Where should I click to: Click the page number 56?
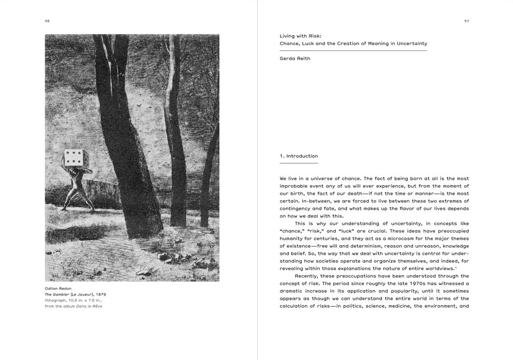pos(47,21)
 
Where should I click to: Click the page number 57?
pos(466,21)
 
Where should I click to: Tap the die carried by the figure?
pos(74,157)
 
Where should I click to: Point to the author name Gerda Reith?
pos(295,59)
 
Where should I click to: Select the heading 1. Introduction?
pos(299,156)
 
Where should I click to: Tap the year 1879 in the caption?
pos(101,294)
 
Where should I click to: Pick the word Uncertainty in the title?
pos(411,44)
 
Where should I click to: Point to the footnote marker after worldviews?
pos(456,267)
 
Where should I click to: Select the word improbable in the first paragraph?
pos(295,186)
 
